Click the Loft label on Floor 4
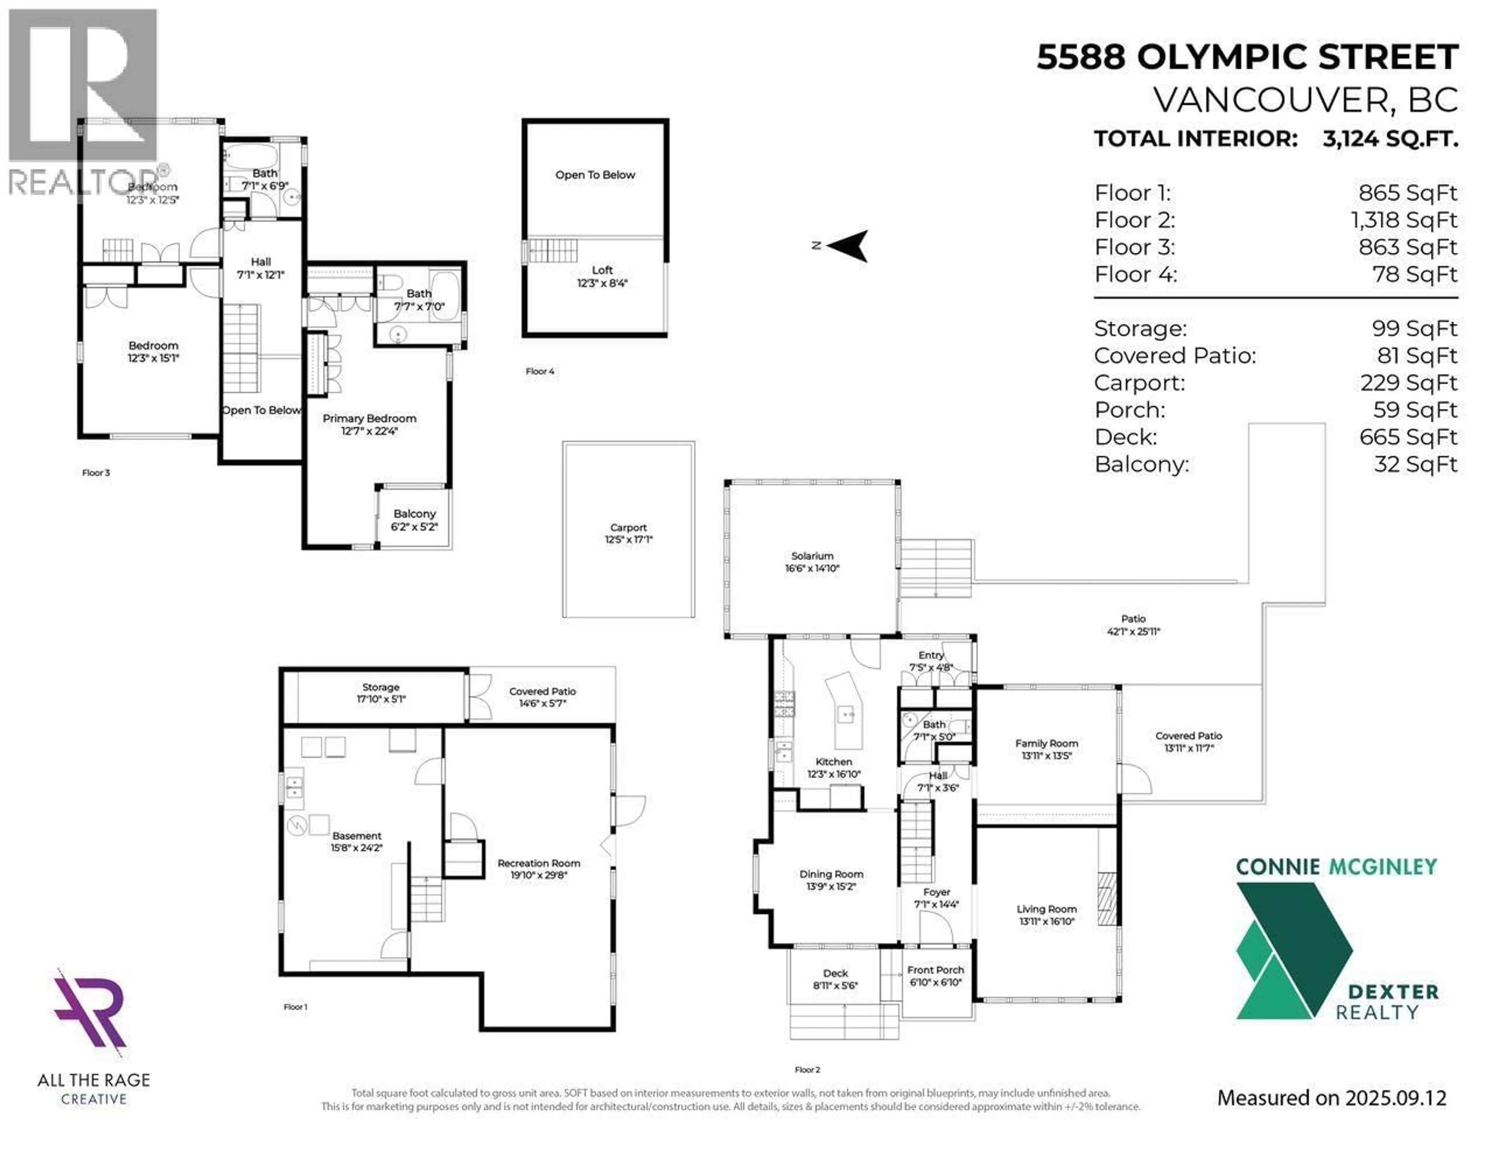click(x=602, y=276)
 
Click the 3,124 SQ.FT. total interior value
click(x=1390, y=139)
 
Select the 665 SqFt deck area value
click(x=1408, y=437)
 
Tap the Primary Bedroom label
click(x=369, y=424)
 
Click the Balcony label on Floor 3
click(x=414, y=520)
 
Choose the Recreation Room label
click(x=538, y=869)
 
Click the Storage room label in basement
click(x=381, y=692)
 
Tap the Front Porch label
click(x=935, y=975)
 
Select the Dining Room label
click(x=831, y=880)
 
